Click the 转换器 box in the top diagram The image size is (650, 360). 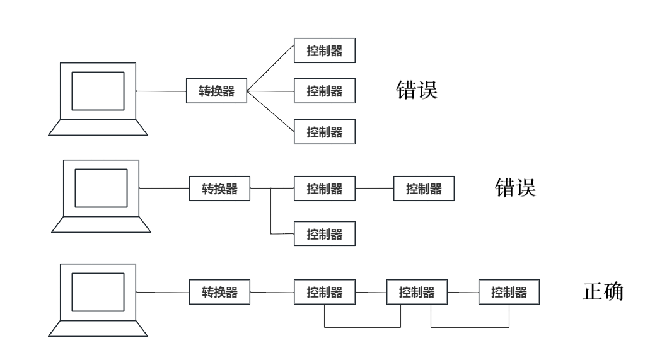216,91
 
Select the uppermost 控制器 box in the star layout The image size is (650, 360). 325,51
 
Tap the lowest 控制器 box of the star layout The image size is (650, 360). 325,132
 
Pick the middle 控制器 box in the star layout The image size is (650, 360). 325,91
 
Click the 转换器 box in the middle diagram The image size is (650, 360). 219,189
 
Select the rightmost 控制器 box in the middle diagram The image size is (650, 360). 424,189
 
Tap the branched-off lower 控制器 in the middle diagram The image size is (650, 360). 325,235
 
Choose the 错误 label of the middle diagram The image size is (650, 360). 514,187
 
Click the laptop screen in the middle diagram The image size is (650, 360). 102,188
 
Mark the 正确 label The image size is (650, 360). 602,292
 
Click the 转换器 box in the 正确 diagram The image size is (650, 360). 219,293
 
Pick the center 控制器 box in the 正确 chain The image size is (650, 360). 417,293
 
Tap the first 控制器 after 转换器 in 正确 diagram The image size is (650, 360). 325,293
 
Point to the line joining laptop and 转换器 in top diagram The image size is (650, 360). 161,91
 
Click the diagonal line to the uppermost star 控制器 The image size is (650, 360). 271,71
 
